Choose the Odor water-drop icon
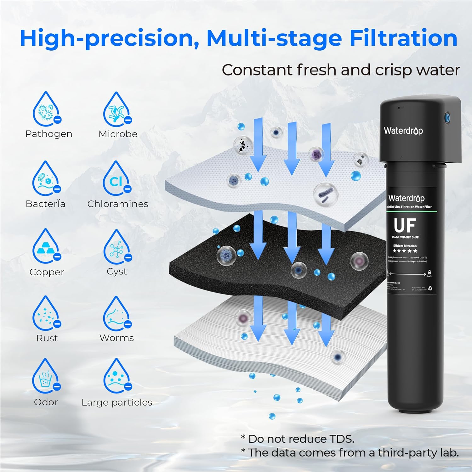(x=46, y=376)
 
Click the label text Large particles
(x=117, y=402)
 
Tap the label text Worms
(x=117, y=338)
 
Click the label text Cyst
(x=117, y=271)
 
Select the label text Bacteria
(x=46, y=204)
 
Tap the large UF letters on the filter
(x=405, y=225)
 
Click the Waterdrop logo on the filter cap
(x=403, y=130)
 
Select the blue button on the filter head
(x=447, y=118)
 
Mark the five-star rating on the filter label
(x=405, y=251)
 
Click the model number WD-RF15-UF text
(x=405, y=237)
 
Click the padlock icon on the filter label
(x=429, y=272)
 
